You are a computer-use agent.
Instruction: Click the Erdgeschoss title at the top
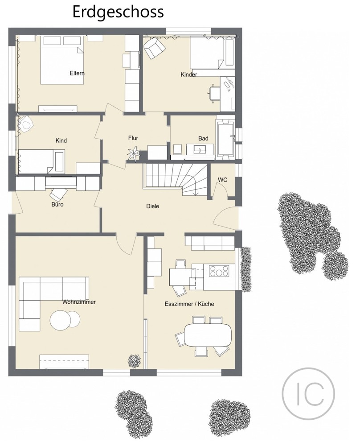[x=118, y=12]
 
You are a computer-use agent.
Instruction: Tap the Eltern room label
[x=77, y=73]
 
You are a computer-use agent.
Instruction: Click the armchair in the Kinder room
[x=154, y=47]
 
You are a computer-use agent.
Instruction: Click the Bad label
[x=203, y=139]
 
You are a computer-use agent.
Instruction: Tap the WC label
[x=223, y=180]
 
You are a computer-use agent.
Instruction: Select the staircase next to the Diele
[x=176, y=178]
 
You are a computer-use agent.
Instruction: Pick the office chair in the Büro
[x=57, y=194]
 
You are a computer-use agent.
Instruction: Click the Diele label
[x=153, y=206]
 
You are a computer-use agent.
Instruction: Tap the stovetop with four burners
[x=219, y=271]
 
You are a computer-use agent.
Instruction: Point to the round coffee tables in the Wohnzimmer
[x=65, y=319]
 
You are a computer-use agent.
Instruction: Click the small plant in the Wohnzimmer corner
[x=135, y=359]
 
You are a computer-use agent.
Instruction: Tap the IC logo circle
[x=308, y=392]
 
